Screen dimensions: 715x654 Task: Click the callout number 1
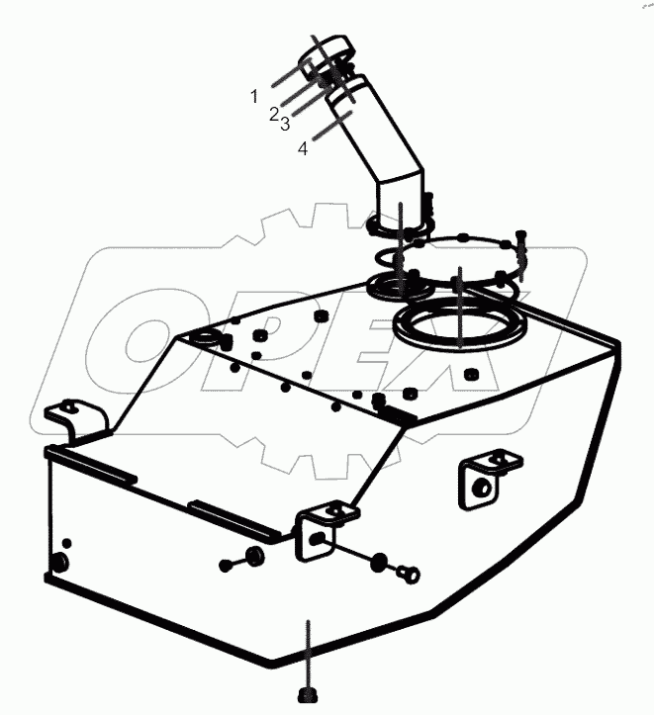pos(253,96)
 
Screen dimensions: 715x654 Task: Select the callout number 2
pos(274,114)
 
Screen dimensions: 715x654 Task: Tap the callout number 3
pos(284,123)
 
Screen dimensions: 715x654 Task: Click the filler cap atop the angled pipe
pos(327,51)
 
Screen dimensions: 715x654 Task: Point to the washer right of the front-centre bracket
pos(380,564)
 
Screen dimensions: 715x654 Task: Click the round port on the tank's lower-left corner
pos(57,564)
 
